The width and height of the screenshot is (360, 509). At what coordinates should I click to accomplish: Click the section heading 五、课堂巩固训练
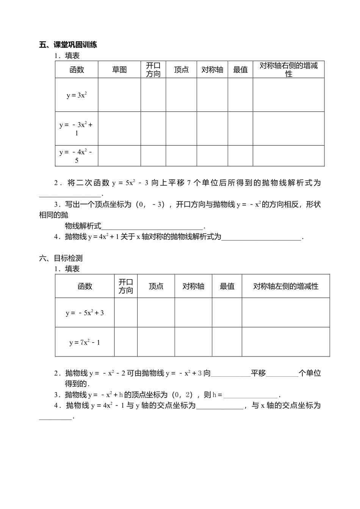(x=68, y=45)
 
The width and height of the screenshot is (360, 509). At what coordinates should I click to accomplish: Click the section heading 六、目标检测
(x=61, y=258)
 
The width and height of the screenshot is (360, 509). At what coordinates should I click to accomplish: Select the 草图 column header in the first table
(x=119, y=70)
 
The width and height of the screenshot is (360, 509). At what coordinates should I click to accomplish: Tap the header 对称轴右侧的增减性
(x=288, y=70)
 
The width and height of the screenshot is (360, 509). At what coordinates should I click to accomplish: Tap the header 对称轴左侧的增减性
(x=286, y=286)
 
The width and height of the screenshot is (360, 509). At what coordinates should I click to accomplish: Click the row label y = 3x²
(x=77, y=95)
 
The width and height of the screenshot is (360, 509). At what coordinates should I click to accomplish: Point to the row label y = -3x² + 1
(x=77, y=129)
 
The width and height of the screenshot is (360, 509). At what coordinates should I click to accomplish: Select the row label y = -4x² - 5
(x=77, y=156)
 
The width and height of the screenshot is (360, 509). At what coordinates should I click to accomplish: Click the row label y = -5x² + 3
(x=85, y=313)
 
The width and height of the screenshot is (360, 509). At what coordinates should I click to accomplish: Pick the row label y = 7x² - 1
(x=85, y=342)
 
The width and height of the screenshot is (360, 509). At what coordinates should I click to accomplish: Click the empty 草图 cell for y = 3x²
(x=119, y=95)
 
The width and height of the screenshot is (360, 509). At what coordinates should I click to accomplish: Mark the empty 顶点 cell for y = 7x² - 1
(x=156, y=342)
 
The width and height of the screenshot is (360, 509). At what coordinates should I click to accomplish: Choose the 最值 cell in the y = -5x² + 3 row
(x=227, y=313)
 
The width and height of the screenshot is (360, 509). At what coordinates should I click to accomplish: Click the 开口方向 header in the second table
(x=126, y=286)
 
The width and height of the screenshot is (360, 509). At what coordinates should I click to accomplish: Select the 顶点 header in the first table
(x=181, y=70)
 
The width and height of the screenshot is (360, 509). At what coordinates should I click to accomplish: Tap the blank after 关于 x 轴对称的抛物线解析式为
(x=261, y=237)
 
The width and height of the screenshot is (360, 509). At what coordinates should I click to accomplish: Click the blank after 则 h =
(x=250, y=395)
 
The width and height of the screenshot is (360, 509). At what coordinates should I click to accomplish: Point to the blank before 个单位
(x=282, y=374)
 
